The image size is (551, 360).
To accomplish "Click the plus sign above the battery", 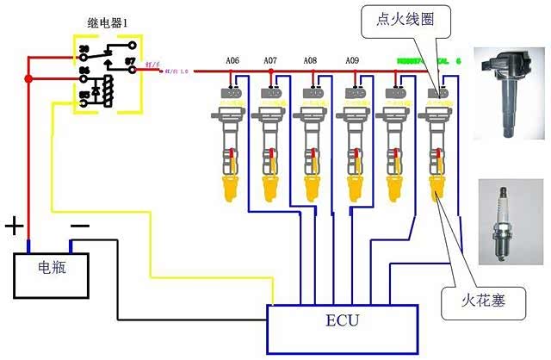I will pos(15,227).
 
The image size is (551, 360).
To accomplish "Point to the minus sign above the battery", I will pos(79,226).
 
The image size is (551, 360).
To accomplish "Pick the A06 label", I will pos(232,61).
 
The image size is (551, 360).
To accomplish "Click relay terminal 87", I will pos(130,62).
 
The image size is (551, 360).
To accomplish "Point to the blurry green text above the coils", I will pos(422,62).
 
